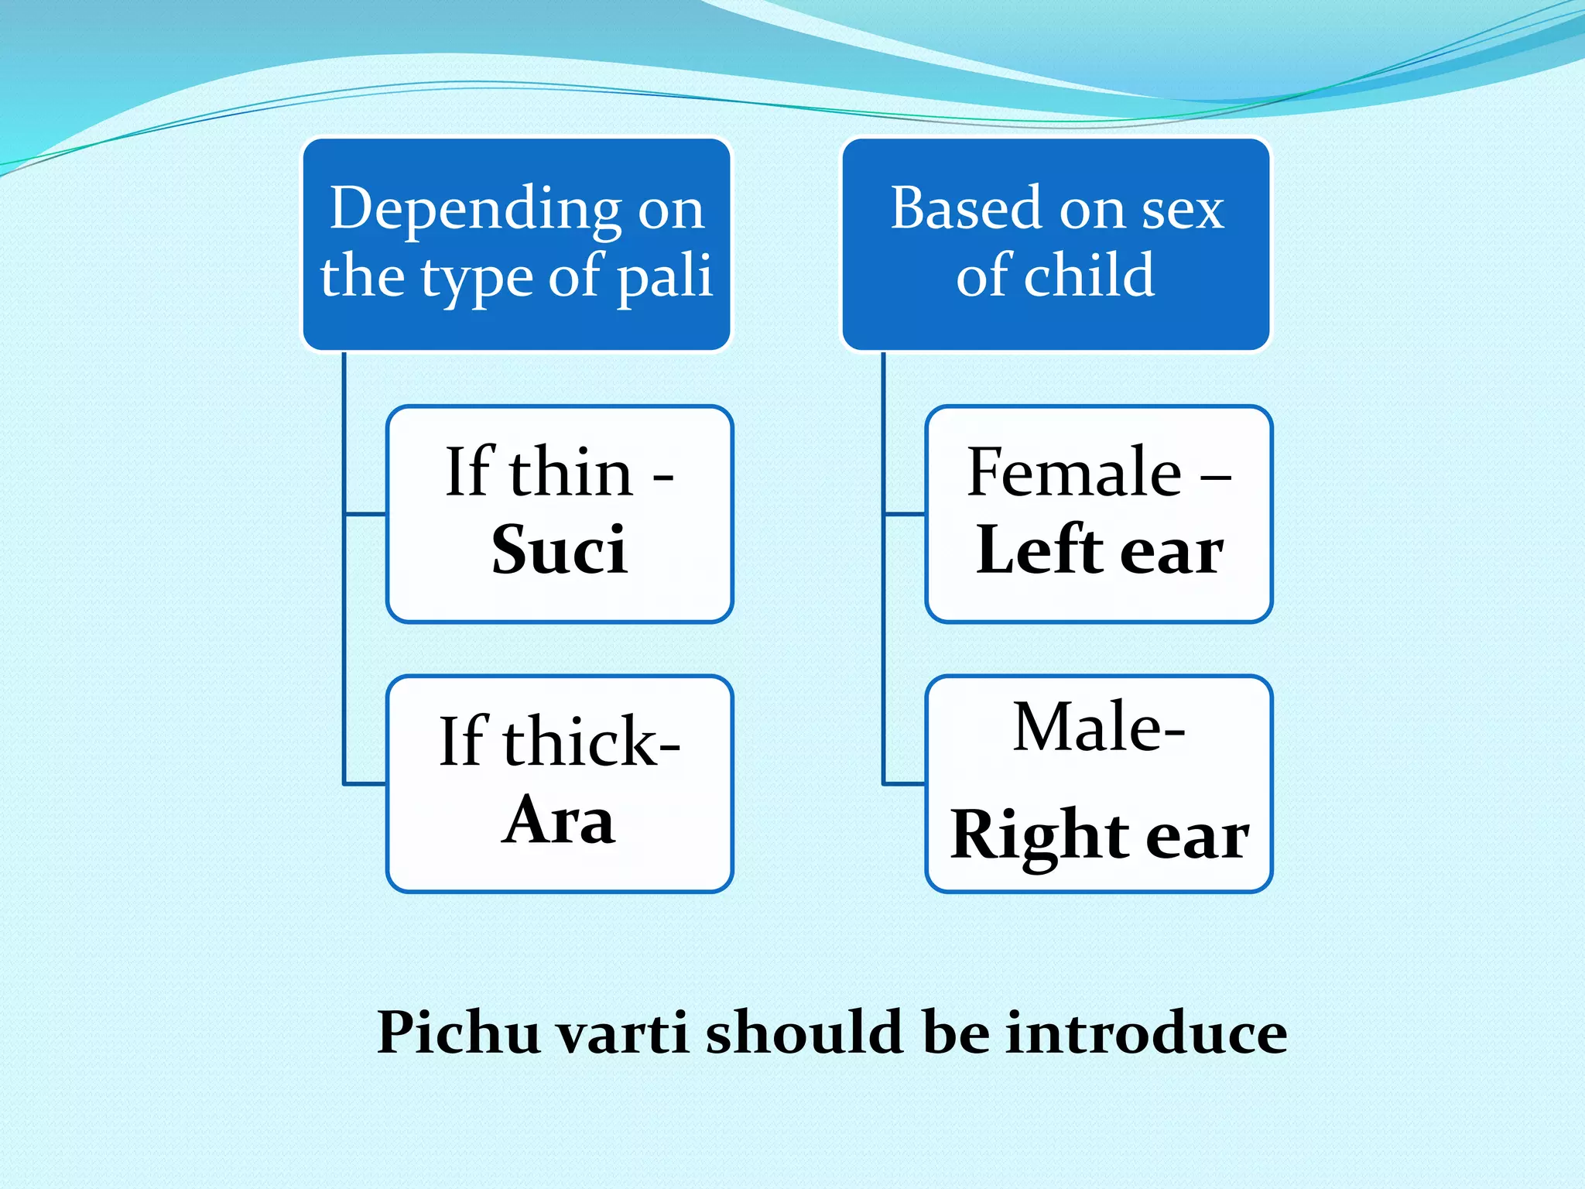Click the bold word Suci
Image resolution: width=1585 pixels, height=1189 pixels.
click(x=559, y=550)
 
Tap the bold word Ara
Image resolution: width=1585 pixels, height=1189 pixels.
click(x=558, y=821)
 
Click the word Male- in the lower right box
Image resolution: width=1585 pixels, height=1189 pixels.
click(x=1098, y=728)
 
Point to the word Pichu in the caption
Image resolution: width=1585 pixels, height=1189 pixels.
click(x=457, y=1033)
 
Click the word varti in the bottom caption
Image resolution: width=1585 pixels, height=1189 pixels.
click(x=622, y=1033)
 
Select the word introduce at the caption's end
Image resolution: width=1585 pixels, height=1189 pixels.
click(x=1146, y=1033)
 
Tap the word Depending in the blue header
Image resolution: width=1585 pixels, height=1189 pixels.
click(x=474, y=209)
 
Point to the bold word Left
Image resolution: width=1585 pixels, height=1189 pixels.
click(x=1038, y=550)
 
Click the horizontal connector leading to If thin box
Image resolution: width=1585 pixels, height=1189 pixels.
click(x=365, y=513)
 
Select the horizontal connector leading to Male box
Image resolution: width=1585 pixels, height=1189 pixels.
click(x=904, y=783)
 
